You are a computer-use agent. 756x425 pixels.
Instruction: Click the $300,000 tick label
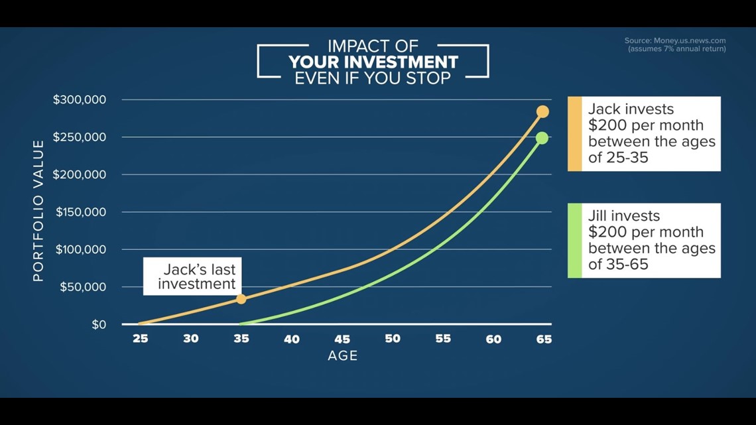[x=80, y=99]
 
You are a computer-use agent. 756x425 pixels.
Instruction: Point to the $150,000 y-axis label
[x=80, y=212]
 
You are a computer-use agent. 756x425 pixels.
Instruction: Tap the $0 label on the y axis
[x=99, y=325]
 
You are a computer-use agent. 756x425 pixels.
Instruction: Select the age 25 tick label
[x=141, y=339]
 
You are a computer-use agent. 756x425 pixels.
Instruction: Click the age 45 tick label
[x=342, y=339]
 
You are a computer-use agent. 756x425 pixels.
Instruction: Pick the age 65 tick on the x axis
[x=544, y=339]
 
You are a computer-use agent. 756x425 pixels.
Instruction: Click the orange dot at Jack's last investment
[x=241, y=299]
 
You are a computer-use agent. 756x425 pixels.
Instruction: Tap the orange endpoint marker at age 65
[x=542, y=112]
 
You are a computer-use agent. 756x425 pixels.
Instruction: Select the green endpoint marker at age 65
[x=542, y=139]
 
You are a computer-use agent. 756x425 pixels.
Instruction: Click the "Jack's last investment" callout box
[x=192, y=276]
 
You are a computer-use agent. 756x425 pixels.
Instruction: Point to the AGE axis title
[x=343, y=355]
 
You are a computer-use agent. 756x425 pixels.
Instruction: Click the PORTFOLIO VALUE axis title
[x=38, y=211]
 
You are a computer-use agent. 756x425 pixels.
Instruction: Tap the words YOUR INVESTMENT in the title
[x=373, y=62]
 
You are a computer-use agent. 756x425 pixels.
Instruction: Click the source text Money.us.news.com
[x=690, y=41]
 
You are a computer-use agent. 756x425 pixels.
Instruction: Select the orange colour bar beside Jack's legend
[x=575, y=134]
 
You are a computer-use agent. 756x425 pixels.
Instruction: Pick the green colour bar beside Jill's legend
[x=575, y=241]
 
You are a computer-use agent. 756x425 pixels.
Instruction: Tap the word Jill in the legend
[x=596, y=216]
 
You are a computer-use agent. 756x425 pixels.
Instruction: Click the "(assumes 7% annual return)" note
[x=677, y=49]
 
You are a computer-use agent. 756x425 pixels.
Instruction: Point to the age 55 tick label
[x=443, y=339]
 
